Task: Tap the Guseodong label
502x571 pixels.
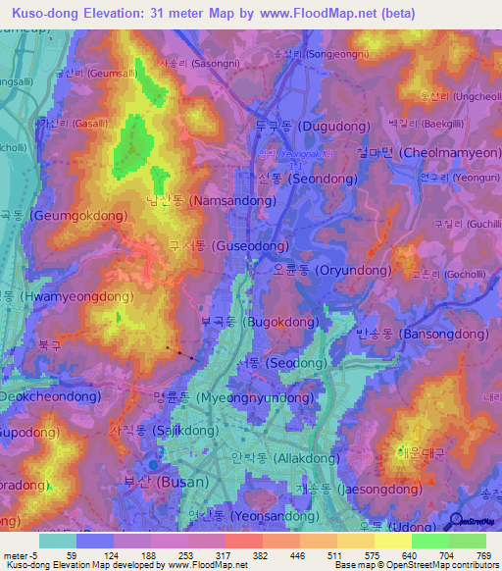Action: tap(241, 245)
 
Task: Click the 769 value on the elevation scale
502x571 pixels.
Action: tap(485, 554)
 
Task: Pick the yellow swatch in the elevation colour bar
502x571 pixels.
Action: tap(392, 541)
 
